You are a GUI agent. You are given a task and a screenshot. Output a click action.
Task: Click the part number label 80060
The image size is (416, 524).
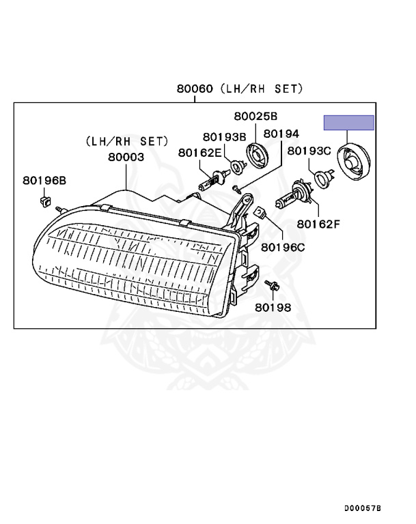tap(195, 89)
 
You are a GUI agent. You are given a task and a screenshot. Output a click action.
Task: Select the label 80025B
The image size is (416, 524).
tap(255, 116)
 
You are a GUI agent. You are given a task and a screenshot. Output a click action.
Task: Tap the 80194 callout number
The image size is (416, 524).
tap(281, 134)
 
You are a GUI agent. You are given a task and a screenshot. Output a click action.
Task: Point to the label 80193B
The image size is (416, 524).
tap(225, 137)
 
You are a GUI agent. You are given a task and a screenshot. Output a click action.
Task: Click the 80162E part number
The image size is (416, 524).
tap(199, 153)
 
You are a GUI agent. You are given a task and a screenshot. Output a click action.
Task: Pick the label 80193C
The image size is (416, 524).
tap(309, 151)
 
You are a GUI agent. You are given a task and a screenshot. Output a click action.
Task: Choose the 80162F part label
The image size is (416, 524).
tap(318, 224)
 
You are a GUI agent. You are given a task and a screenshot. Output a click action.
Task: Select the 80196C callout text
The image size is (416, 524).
tap(283, 247)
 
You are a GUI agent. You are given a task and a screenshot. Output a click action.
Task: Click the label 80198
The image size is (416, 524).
tap(273, 308)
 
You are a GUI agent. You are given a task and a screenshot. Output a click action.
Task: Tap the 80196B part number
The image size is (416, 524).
tap(44, 180)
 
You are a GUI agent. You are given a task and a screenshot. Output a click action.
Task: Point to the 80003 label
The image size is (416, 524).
tap(126, 157)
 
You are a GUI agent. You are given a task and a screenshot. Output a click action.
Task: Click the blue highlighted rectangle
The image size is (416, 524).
tap(349, 123)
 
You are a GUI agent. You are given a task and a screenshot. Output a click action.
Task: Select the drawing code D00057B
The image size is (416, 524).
tap(363, 508)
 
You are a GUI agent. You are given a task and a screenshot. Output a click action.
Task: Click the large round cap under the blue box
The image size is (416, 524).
tap(353, 162)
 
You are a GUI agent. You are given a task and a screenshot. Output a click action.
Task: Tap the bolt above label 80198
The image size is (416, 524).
tap(272, 285)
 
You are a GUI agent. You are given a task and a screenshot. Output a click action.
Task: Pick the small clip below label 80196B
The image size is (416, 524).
tap(44, 201)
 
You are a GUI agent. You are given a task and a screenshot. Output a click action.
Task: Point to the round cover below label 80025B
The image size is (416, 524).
tap(258, 156)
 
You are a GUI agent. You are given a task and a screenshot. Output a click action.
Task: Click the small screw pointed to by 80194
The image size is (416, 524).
tap(237, 189)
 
